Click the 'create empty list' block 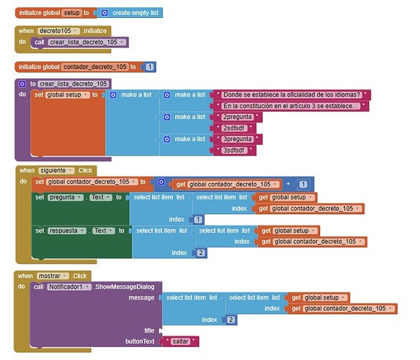click(130, 13)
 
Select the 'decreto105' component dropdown click(58, 31)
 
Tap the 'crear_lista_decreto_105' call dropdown click(86, 42)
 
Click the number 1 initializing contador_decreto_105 click(150, 67)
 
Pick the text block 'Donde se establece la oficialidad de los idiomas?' click(292, 95)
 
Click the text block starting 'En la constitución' click(291, 106)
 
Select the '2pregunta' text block click(238, 117)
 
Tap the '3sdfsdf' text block click(234, 150)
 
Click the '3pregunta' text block click(238, 139)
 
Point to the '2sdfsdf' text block click(234, 128)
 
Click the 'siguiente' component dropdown click(56, 171)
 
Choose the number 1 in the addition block click(303, 184)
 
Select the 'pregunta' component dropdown click(66, 197)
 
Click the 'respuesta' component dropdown click(67, 230)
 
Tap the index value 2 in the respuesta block click(200, 253)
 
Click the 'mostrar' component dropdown click(53, 276)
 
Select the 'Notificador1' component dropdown click(69, 287)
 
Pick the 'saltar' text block click(181, 341)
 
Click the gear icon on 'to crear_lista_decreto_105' click(22, 84)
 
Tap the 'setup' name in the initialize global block click(71, 13)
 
